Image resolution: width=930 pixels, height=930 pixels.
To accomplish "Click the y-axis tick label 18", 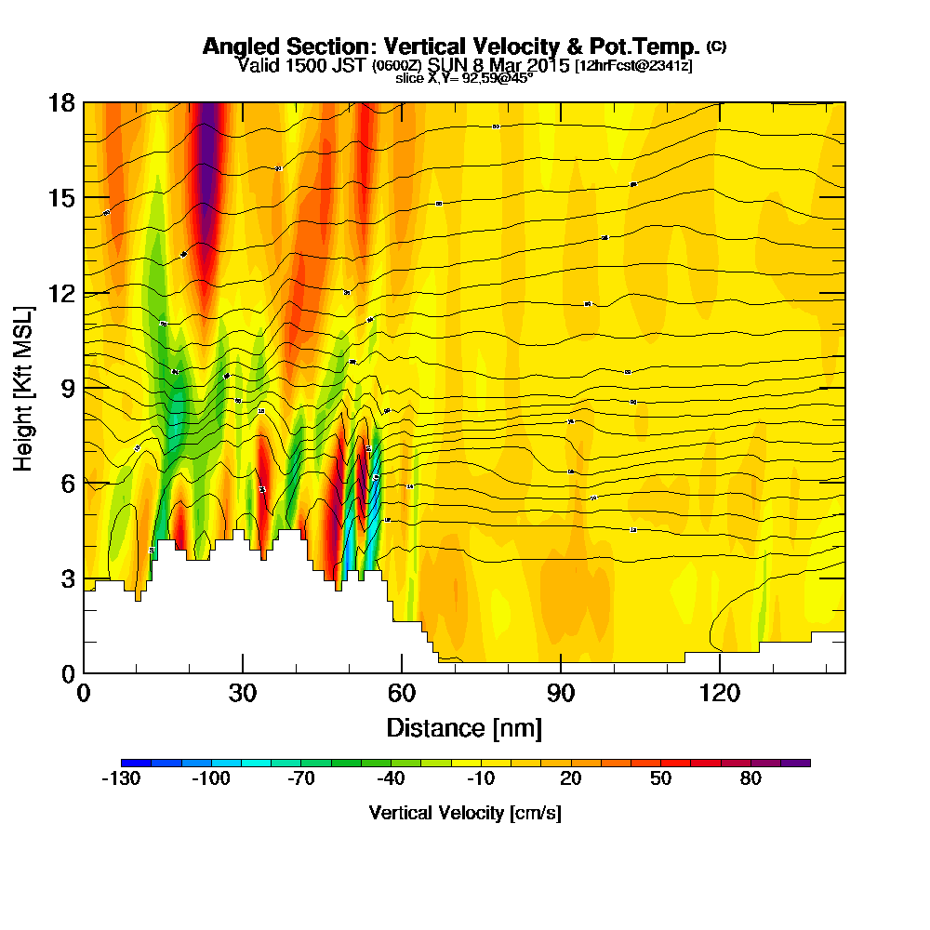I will tap(61, 102).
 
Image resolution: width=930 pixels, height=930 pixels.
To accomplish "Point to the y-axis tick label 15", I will tap(61, 198).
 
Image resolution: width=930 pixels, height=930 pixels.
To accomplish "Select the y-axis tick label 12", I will tap(61, 294).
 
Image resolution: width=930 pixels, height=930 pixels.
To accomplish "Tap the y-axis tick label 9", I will tap(68, 388).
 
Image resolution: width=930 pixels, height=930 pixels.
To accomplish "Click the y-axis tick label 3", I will tap(68, 578).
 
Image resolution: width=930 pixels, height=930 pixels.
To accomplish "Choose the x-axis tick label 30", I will tap(242, 693).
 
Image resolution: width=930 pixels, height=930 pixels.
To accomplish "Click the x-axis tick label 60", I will tap(401, 693).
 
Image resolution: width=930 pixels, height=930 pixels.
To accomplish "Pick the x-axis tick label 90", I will tap(561, 693).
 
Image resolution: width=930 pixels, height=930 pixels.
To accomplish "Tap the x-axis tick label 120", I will tap(720, 693).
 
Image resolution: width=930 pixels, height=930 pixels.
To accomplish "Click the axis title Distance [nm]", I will tap(464, 726).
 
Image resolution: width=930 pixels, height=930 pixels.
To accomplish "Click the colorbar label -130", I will tap(121, 779).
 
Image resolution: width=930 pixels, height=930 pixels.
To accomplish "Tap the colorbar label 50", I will tap(660, 779).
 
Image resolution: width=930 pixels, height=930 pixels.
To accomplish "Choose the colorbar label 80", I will tap(751, 779).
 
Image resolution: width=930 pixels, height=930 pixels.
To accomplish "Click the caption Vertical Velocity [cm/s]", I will tap(465, 813).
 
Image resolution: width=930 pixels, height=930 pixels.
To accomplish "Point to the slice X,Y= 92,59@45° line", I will tap(464, 78).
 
